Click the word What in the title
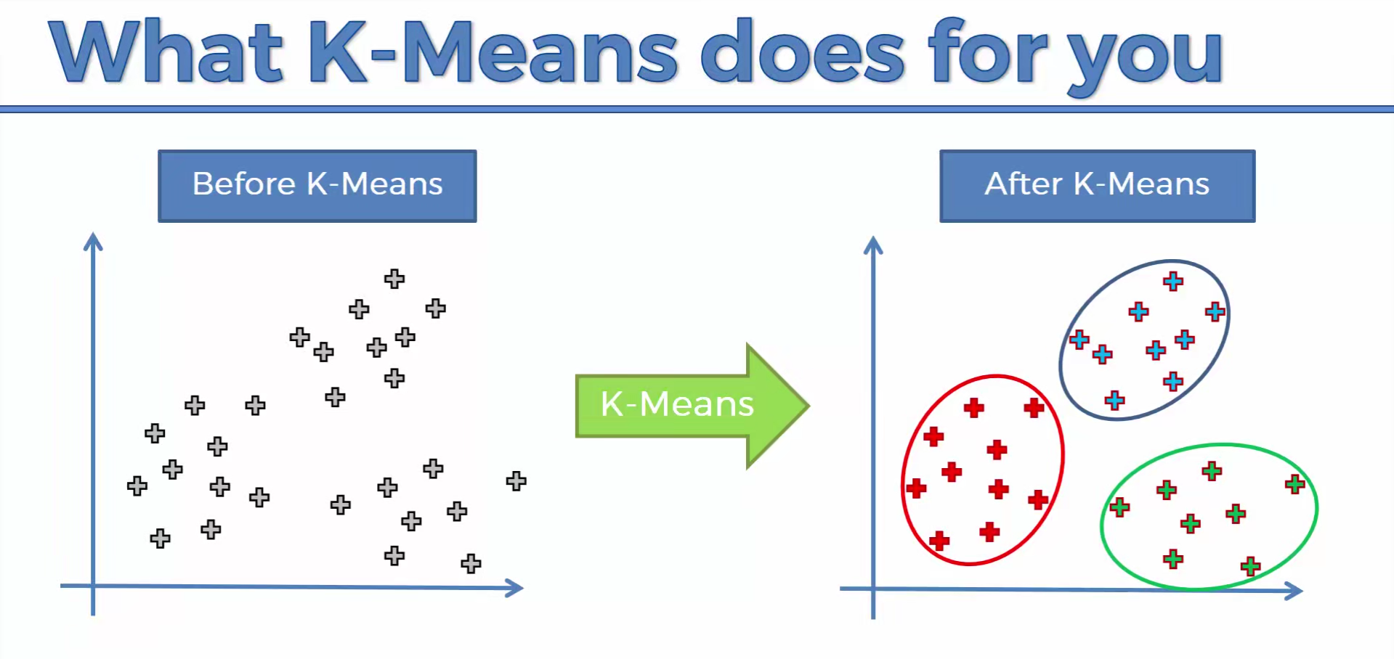pos(166,52)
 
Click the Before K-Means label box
pos(317,186)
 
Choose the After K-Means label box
pos(1097,186)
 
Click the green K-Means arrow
pos(692,406)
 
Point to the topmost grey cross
pos(394,279)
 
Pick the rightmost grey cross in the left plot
pos(516,480)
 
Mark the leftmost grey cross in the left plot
pos(137,486)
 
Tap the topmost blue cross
pos(1173,282)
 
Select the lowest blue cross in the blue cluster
pos(1115,400)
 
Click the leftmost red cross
pos(916,488)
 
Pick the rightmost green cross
pos(1295,484)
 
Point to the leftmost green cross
pos(1119,507)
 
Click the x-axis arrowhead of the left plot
pos(514,588)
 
